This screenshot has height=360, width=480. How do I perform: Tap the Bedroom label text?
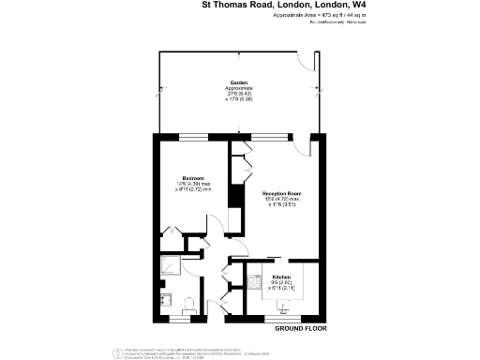pyautogui.click(x=194, y=177)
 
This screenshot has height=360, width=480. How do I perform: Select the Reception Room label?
pyautogui.click(x=279, y=194)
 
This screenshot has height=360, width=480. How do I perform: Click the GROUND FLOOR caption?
pyautogui.click(x=300, y=330)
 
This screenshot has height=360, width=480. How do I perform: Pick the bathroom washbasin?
pyautogui.click(x=165, y=302)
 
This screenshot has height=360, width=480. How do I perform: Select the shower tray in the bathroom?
pyautogui.click(x=170, y=267)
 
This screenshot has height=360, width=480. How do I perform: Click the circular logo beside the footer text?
pyautogui.click(x=119, y=352)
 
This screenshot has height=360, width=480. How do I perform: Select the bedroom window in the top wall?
pyautogui.click(x=194, y=137)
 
